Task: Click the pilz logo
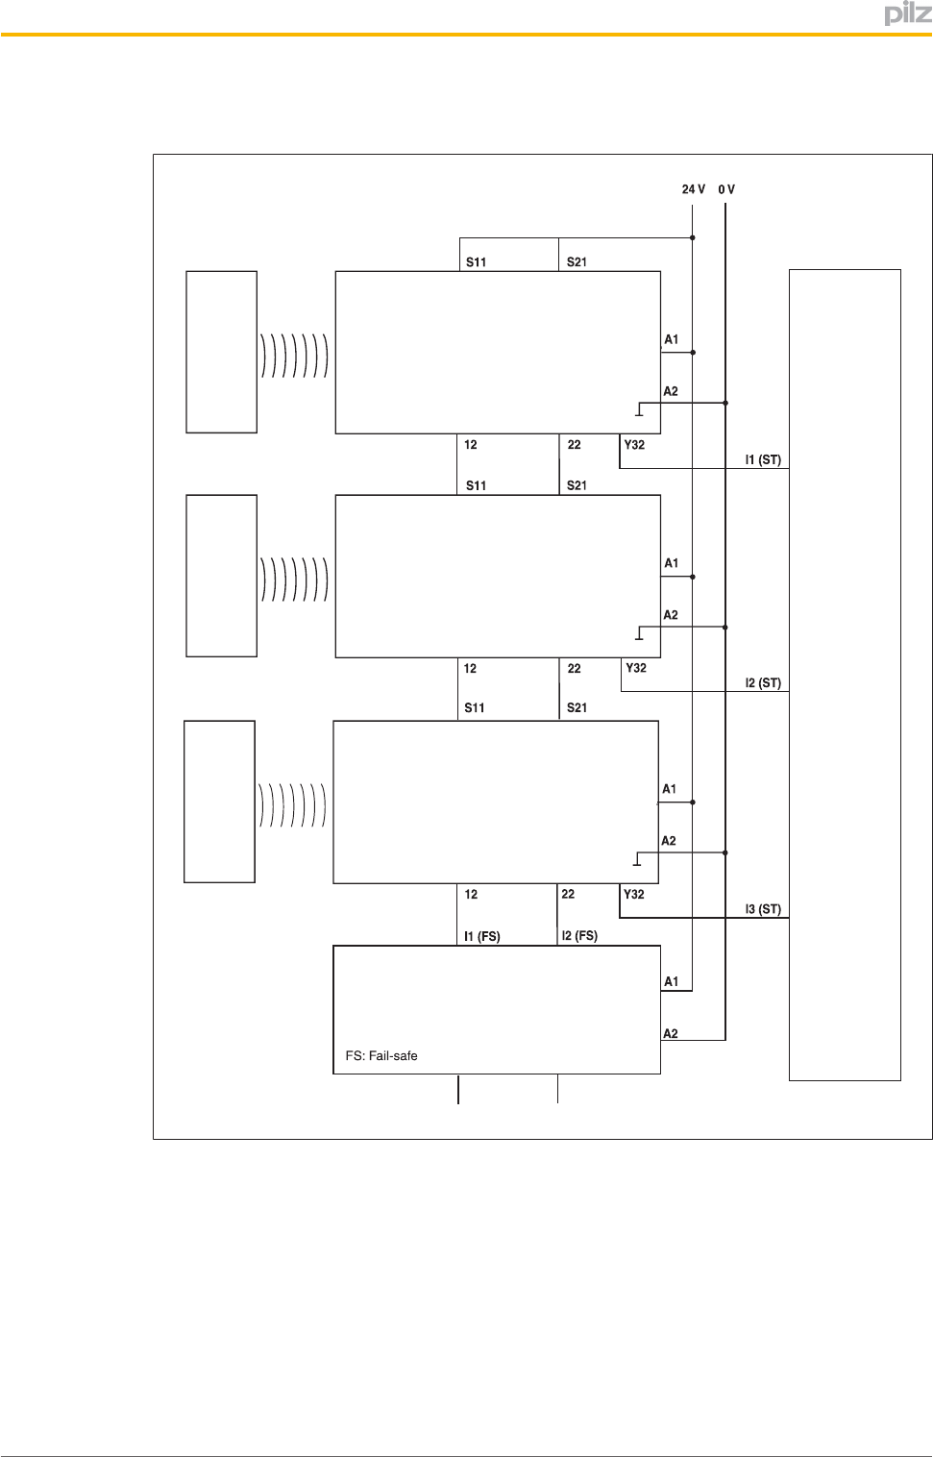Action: [907, 13]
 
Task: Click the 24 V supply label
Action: [693, 189]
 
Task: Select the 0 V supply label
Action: [726, 189]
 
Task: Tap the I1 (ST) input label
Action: [763, 459]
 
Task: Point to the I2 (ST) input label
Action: [763, 683]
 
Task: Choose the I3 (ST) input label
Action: [763, 908]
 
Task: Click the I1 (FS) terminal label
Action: [481, 936]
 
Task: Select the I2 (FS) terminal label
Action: [579, 935]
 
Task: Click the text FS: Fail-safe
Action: [381, 1055]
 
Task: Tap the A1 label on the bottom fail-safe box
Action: [671, 981]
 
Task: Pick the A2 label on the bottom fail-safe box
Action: [671, 1033]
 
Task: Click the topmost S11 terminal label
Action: [476, 261]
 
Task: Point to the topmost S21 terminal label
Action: [577, 261]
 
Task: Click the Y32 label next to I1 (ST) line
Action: [634, 445]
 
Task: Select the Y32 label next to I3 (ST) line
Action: [634, 894]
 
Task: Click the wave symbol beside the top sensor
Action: [294, 355]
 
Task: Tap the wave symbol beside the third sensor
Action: [292, 804]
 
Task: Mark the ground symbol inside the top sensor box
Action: [639, 411]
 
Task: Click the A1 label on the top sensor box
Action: [671, 339]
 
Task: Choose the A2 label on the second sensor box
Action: [670, 615]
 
